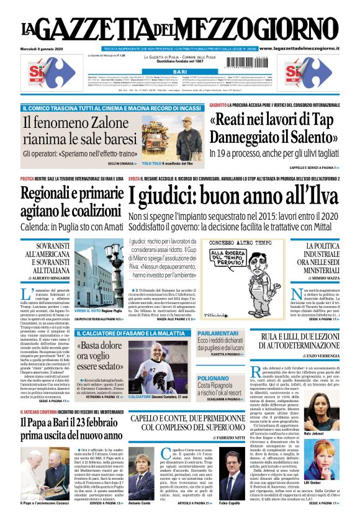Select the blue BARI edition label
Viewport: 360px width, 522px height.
click(x=179, y=72)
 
